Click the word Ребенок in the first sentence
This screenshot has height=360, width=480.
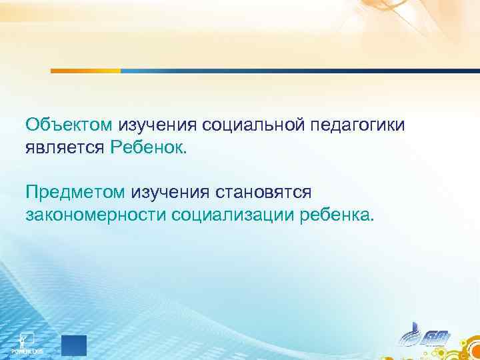click(149, 147)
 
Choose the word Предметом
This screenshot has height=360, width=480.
click(75, 192)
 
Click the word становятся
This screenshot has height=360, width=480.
click(263, 192)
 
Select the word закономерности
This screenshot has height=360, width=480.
click(95, 215)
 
